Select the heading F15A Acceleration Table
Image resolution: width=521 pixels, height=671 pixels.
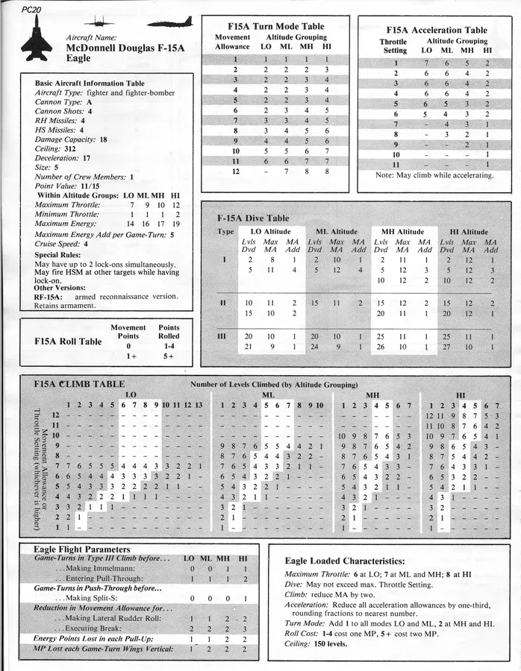click(x=436, y=30)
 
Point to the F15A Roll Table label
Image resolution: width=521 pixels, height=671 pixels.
click(x=68, y=341)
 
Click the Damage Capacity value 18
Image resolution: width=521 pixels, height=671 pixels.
click(x=103, y=139)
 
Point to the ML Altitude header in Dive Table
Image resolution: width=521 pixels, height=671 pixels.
click(x=337, y=232)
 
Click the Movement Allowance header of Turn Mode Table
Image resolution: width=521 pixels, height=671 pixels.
click(x=232, y=42)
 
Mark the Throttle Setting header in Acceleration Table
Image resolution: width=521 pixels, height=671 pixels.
click(x=393, y=46)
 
